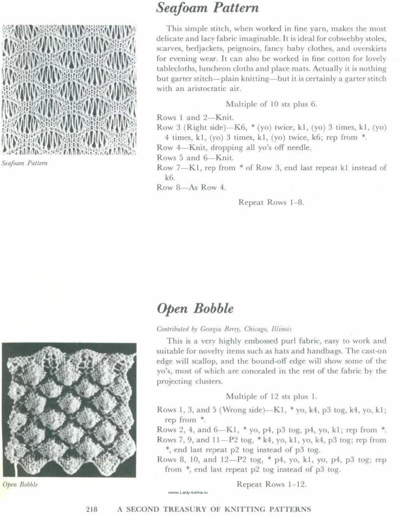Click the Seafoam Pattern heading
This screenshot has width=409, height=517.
tap(207, 8)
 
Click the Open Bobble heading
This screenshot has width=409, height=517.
tap(195, 308)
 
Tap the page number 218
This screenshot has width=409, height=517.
tap(92, 509)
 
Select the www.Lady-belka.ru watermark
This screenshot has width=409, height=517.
tap(188, 492)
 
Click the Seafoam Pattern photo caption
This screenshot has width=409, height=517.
tap(24, 163)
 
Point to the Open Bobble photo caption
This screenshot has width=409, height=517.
tap(20, 485)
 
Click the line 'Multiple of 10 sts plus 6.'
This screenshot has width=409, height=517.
tap(271, 104)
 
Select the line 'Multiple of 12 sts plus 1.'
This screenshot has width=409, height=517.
tap(271, 396)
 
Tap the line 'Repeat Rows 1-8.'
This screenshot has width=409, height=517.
tap(271, 202)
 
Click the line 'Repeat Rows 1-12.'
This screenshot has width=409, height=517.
tap(271, 484)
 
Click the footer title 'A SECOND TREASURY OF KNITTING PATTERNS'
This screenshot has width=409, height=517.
tap(214, 509)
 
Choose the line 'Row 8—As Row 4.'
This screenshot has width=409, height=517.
tap(191, 188)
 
